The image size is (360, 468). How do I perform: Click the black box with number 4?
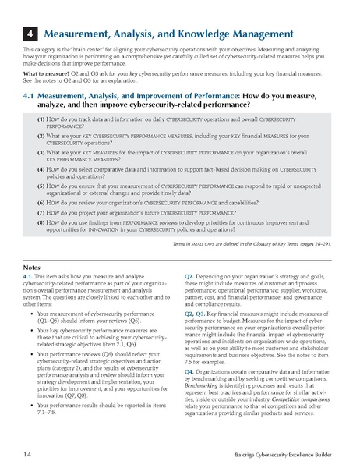point(27,34)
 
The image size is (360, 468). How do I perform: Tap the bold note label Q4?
point(189,371)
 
